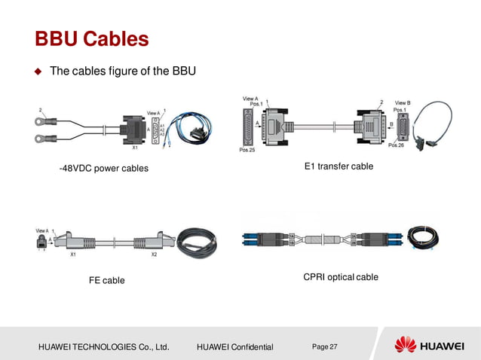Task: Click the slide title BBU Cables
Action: [91, 38]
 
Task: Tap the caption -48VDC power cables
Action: [104, 168]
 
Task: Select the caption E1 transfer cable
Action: [339, 166]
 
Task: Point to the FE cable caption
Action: [106, 280]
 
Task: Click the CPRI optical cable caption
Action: [340, 277]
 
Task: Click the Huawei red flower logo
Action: [406, 346]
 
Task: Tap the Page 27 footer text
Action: [324, 346]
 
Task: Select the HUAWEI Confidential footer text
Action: [234, 346]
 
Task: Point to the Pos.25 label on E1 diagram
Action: [247, 151]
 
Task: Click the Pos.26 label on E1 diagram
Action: [397, 145]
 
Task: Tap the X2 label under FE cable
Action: [154, 255]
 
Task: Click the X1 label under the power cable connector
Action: [135, 148]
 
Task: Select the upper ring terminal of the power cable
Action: [37, 118]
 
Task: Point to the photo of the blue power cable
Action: [191, 129]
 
